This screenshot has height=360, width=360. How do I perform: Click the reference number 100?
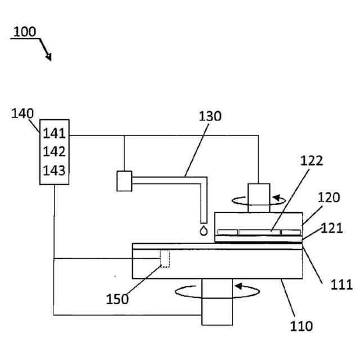tap(25, 31)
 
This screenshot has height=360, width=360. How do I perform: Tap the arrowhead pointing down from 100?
tap(49, 57)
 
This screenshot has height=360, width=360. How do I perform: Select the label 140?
tap(22, 114)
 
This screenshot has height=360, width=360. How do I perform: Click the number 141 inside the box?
tap(55, 134)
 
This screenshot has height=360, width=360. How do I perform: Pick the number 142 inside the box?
tap(55, 152)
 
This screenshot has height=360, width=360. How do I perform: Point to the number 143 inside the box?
tap(55, 170)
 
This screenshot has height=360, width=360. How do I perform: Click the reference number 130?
tap(210, 116)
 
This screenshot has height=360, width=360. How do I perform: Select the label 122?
tap(312, 161)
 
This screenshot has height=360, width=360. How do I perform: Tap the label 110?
tap(301, 326)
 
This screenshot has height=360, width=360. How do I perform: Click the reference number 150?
tap(118, 298)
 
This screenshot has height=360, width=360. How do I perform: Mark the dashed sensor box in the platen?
tap(165, 258)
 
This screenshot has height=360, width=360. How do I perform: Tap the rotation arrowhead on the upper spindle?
tap(276, 199)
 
